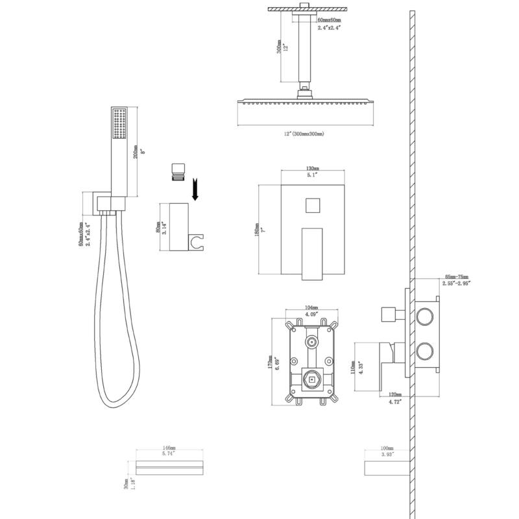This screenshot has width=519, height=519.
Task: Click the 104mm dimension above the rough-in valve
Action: (311, 307)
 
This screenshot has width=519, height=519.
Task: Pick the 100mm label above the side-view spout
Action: (387, 448)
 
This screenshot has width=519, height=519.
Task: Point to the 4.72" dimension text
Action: (394, 402)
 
